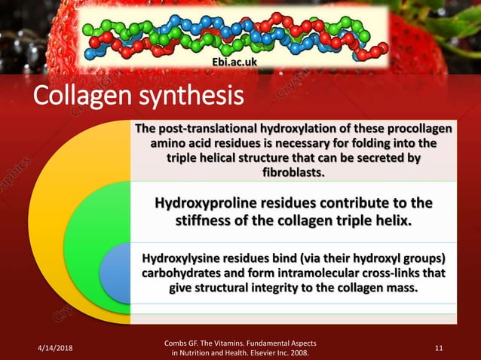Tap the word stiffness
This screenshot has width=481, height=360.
tap(210, 221)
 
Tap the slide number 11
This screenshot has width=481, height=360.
tap(440, 346)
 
